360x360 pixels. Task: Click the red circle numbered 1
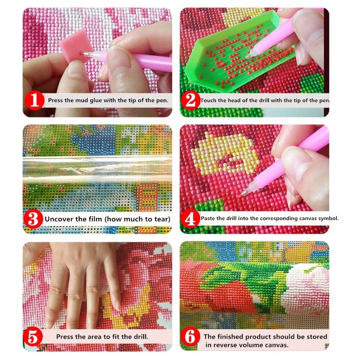[34, 100]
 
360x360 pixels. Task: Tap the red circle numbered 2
[191, 100]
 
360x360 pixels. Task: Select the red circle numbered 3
[33, 219]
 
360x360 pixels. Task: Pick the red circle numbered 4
[190, 219]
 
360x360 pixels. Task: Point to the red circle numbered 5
[33, 336]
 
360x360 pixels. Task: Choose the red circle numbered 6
[190, 337]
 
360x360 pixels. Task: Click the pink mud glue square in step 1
[76, 46]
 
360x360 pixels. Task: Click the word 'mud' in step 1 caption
[82, 100]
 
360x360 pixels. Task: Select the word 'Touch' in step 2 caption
[208, 100]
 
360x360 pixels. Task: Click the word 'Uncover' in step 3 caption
[59, 219]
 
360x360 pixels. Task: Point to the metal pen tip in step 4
[244, 193]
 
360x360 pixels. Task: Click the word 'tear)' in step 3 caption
[162, 219]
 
